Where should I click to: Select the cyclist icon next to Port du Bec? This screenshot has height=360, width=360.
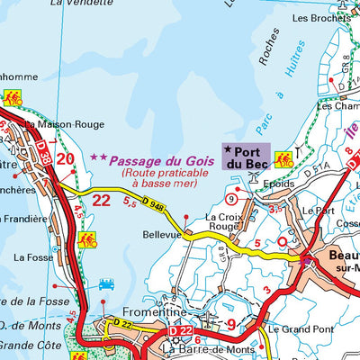(283, 159)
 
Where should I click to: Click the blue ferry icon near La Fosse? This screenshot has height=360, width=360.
(106, 283)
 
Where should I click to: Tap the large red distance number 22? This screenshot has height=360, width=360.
(102, 199)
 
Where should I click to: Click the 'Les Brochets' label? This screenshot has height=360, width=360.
(321, 17)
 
